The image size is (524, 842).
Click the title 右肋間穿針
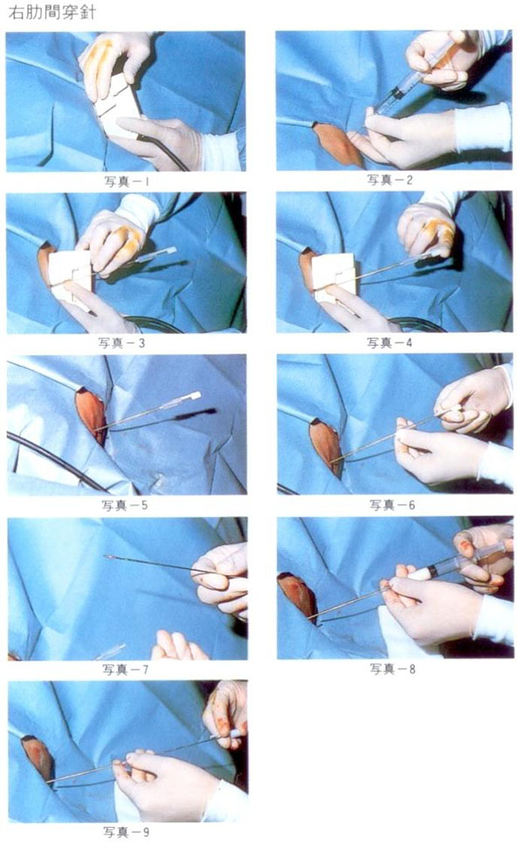coord(52,12)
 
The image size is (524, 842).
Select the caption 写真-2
coord(390,180)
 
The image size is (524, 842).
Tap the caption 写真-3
coord(121,343)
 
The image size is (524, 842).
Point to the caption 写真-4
coord(390,343)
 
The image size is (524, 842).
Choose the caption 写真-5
coord(125,505)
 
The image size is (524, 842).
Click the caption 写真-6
coord(392,505)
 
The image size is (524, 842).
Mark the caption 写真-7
coord(126,669)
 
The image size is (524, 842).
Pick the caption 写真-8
coord(393,668)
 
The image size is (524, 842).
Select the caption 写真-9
coord(127,832)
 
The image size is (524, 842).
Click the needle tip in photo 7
coord(107,558)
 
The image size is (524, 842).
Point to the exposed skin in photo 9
coord(38,757)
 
